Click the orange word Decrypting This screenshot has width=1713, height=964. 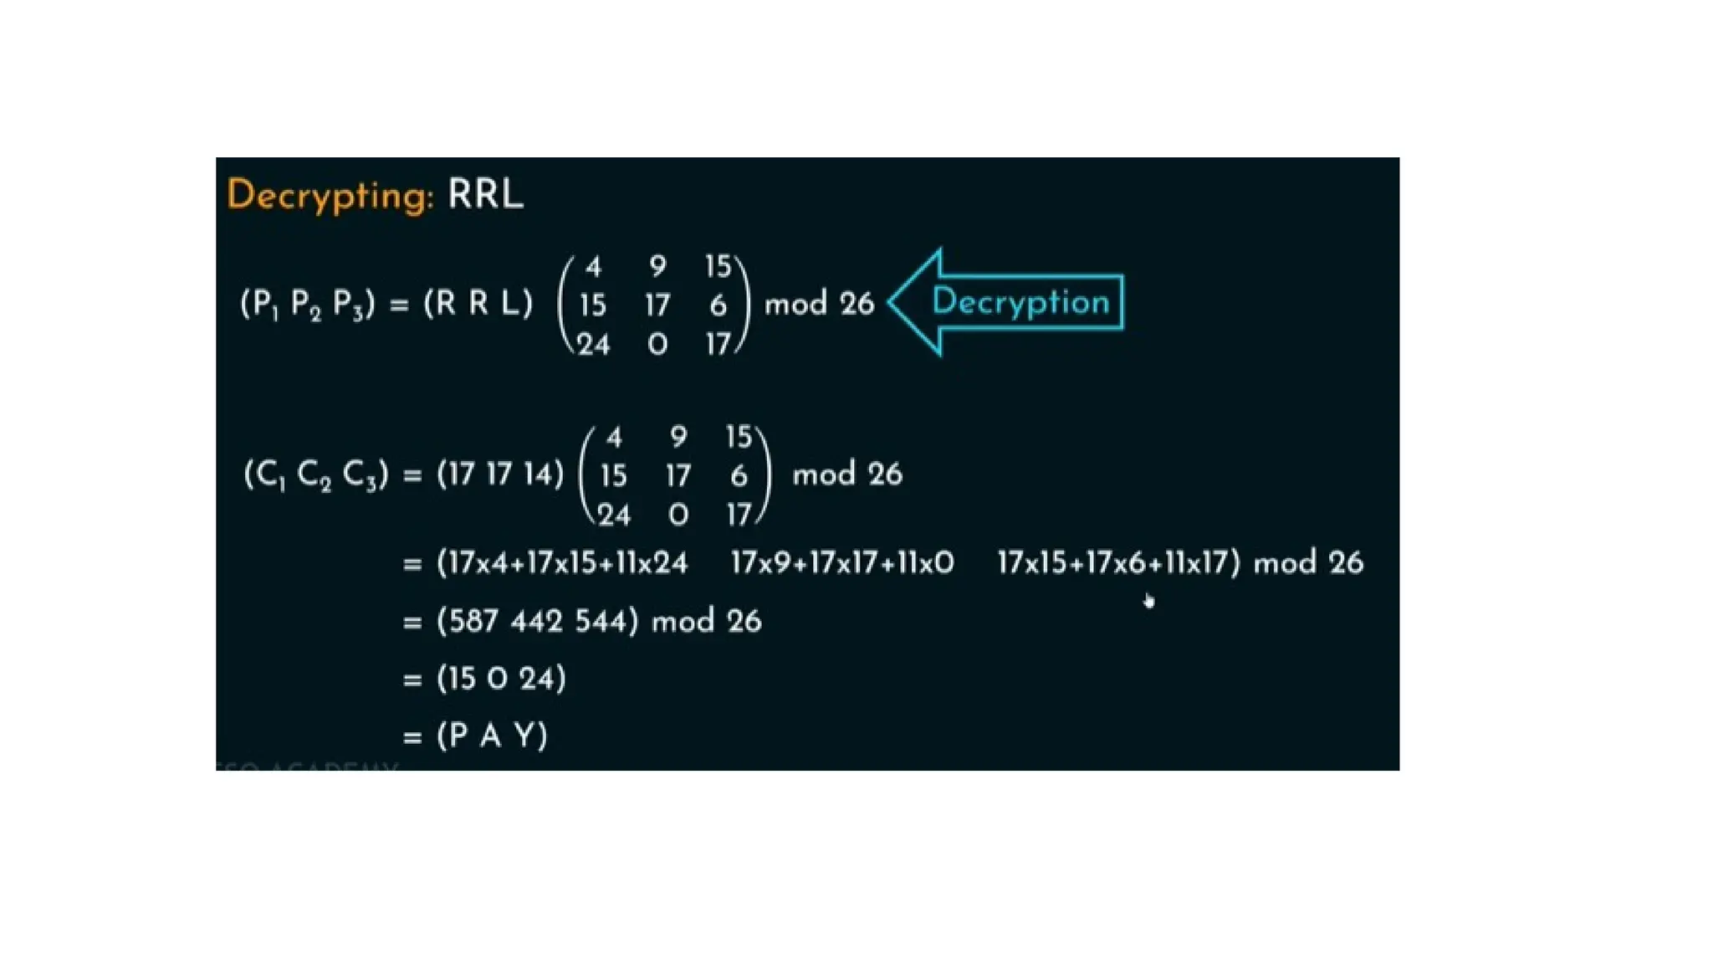coord(330,196)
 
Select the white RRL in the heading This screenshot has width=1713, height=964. coord(485,194)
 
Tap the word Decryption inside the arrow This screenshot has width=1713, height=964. coord(1020,302)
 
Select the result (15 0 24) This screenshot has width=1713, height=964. coord(501,679)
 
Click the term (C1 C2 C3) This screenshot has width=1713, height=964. coord(316,474)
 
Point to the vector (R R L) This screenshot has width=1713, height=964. coord(478,303)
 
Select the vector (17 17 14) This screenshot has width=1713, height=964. coord(500,474)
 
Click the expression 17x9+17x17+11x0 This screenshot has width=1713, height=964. coord(842,563)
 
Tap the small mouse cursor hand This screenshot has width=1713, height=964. coord(1149,600)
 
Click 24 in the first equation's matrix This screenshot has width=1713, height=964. coord(593,345)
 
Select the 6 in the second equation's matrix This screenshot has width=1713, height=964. coord(739,476)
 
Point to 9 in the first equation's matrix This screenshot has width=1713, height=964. coord(657,267)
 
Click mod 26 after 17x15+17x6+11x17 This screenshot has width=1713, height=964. coord(1308,563)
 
